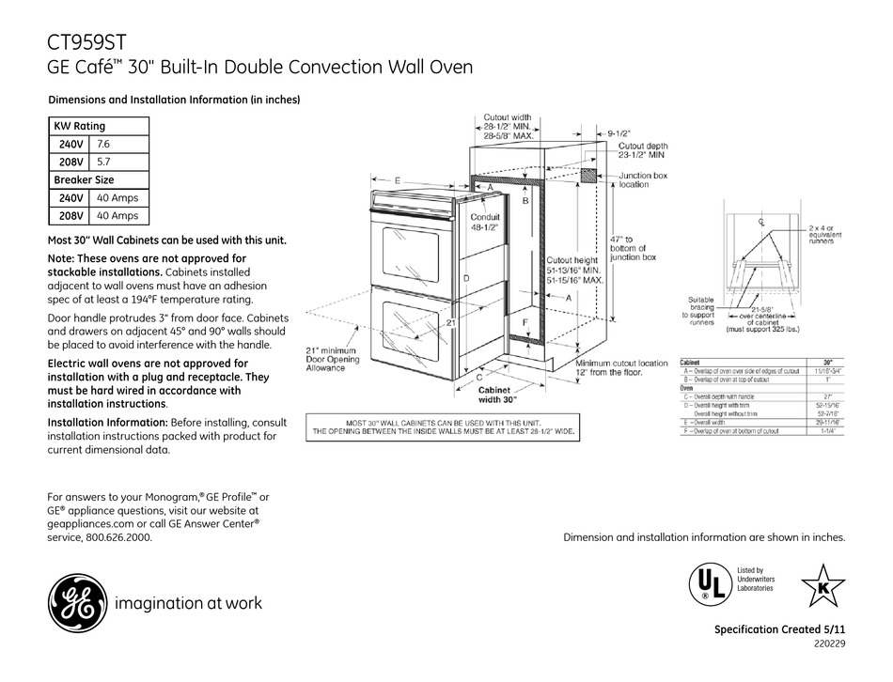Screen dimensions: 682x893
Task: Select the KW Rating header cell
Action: pyautogui.click(x=80, y=126)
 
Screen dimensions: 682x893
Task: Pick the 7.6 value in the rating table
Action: pyautogui.click(x=104, y=144)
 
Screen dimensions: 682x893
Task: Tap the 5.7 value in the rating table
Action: pyautogui.click(x=104, y=162)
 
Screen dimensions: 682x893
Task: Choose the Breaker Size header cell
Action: pyautogui.click(x=84, y=179)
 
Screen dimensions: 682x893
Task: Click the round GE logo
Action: pyautogui.click(x=73, y=602)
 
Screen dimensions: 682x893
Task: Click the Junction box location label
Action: pyautogui.click(x=643, y=180)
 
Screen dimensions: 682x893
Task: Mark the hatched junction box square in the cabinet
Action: pyautogui.click(x=589, y=176)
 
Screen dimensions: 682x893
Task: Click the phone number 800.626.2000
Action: pyautogui.click(x=113, y=538)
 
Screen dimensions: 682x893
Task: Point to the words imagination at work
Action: pyautogui.click(x=188, y=603)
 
